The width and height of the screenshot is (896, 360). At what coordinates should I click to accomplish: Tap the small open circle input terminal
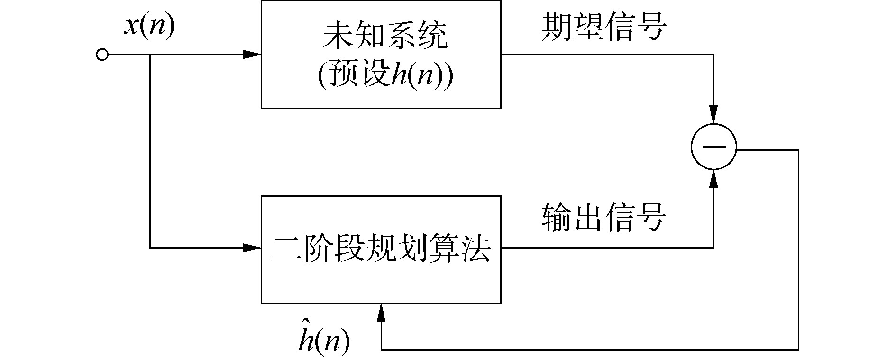click(102, 55)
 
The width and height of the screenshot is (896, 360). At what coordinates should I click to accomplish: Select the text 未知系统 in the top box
click(384, 37)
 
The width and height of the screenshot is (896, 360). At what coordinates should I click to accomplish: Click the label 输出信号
click(604, 218)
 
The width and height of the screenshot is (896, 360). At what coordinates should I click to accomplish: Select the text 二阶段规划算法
click(381, 249)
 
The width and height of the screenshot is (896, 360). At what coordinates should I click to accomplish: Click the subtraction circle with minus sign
click(713, 147)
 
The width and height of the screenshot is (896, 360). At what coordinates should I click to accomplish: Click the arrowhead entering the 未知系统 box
click(252, 55)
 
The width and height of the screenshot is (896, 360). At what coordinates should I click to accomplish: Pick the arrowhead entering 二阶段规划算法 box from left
click(252, 248)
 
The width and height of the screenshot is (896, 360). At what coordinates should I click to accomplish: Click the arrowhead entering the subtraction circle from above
click(713, 115)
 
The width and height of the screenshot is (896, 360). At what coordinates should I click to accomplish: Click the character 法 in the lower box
click(475, 249)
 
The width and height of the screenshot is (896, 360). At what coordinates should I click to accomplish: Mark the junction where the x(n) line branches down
click(150, 55)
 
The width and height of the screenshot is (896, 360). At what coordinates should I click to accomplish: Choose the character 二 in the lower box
click(287, 249)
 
